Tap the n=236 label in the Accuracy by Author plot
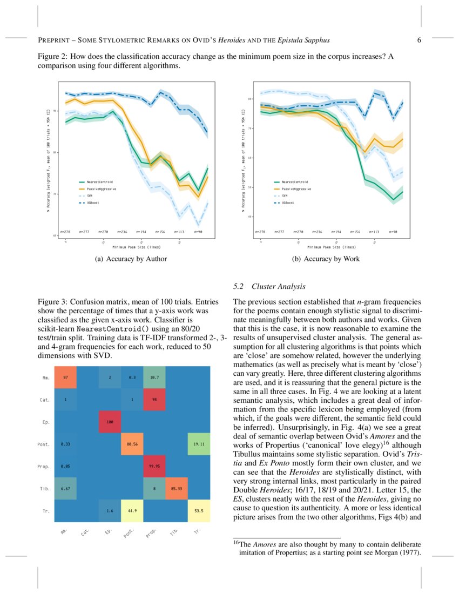pos(122,231)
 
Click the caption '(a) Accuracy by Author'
pos(131,259)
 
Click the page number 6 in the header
pos(419,40)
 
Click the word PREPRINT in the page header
pos(55,40)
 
